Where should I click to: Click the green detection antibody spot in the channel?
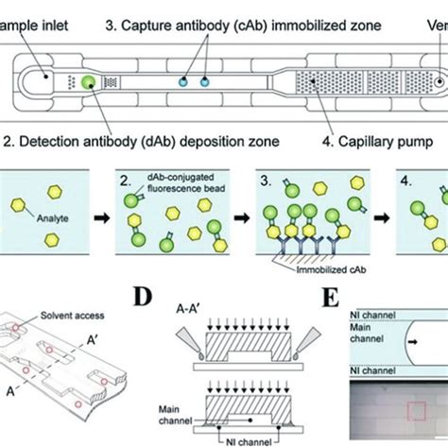[87, 83]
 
